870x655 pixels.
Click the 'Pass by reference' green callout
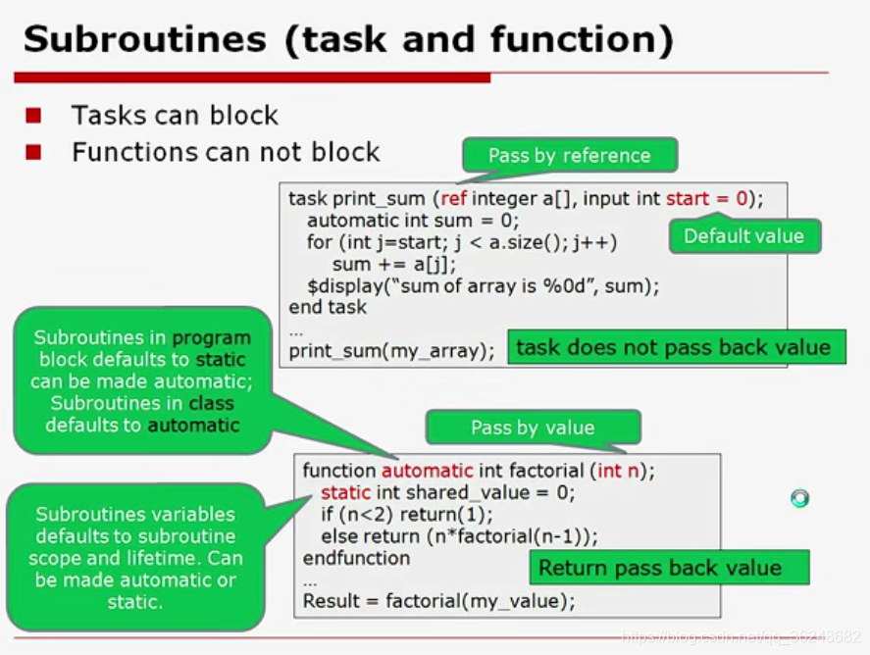(569, 155)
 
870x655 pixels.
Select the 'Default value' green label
(743, 235)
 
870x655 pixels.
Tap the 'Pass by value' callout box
(533, 428)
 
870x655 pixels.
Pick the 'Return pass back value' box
(659, 568)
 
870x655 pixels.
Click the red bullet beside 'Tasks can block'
(34, 116)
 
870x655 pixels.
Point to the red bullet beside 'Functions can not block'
(34, 152)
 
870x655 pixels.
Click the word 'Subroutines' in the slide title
(144, 40)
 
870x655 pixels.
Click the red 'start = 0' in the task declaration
(706, 198)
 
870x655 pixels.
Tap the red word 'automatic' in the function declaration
(427, 471)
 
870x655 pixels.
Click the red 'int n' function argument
(618, 471)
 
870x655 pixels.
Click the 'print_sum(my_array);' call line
(391, 350)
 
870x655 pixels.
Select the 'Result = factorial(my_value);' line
(438, 601)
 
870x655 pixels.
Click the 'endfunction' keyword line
(356, 558)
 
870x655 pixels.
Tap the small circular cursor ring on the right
(799, 499)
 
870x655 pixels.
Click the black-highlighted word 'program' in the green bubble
(211, 338)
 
